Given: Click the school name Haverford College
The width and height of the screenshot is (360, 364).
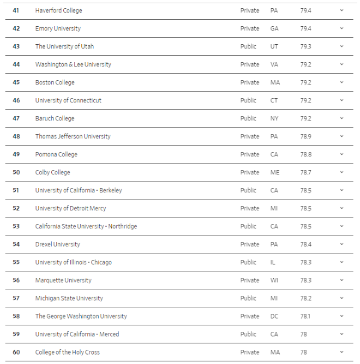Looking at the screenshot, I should [58, 10].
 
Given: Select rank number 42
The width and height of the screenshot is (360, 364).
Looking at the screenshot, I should [16, 28].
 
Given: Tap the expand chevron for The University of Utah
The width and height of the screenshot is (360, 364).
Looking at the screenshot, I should [341, 46].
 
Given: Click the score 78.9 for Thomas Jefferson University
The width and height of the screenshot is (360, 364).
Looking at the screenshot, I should [305, 136].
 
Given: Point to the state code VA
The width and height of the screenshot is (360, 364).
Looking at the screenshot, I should [274, 64].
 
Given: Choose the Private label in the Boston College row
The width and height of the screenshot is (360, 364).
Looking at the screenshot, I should [250, 82].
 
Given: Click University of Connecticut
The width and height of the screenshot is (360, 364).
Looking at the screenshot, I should [68, 100].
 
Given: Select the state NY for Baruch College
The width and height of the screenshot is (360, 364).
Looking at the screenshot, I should [274, 118].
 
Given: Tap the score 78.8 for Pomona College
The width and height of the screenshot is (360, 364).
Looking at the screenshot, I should [305, 154].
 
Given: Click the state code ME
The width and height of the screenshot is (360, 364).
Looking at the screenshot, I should [274, 172].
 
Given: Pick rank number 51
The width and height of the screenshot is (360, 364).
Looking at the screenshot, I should [16, 190].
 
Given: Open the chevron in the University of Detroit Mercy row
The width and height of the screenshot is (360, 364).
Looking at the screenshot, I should [341, 208].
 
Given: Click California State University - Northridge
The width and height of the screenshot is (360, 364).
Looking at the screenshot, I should [86, 226].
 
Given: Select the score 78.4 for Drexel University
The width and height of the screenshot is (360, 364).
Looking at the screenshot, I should [305, 244].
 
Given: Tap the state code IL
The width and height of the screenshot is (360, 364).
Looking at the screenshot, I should [273, 262].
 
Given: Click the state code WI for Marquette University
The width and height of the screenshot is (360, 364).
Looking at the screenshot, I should [274, 280].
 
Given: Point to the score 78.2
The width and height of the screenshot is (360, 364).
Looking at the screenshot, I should [305, 298].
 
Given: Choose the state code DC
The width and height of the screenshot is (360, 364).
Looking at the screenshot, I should [274, 316].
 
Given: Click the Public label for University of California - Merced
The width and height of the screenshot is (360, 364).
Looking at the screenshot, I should [248, 334].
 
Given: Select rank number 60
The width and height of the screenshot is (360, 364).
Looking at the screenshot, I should [16, 352].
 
